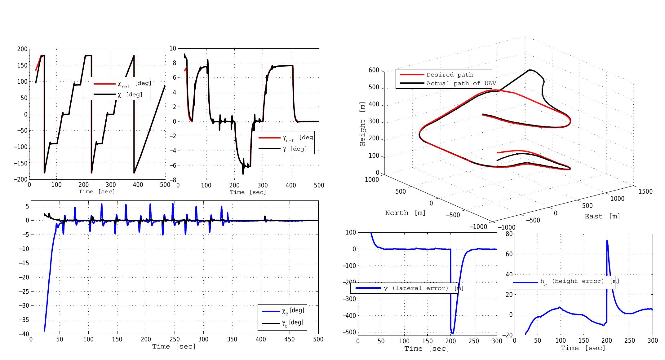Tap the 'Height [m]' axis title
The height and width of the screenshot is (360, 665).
click(362, 124)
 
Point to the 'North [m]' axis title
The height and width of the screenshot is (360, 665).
click(405, 213)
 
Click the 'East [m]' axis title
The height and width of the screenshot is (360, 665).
click(602, 216)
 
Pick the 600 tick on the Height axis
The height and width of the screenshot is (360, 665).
click(374, 70)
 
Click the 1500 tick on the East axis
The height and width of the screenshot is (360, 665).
click(645, 191)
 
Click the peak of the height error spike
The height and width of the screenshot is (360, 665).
click(607, 241)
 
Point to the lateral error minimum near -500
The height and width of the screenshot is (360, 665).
click(453, 333)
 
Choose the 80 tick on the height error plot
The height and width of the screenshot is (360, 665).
click(509, 234)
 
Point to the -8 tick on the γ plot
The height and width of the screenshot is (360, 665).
click(172, 180)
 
